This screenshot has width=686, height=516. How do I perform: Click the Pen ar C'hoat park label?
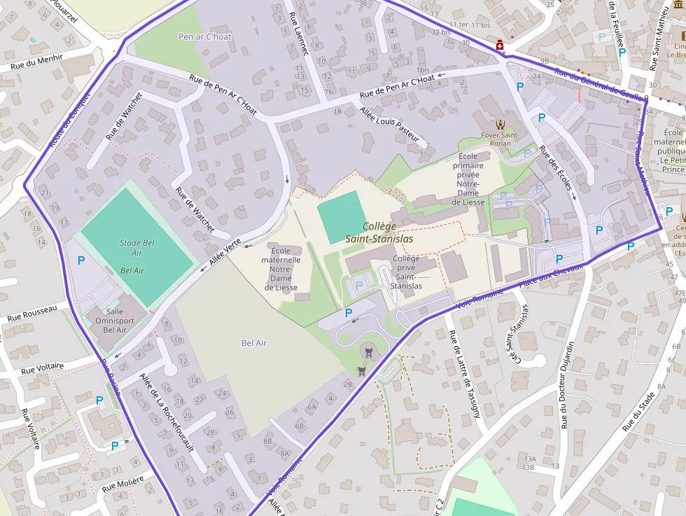coord(205,36)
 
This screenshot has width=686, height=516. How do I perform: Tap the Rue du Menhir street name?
coord(37,62)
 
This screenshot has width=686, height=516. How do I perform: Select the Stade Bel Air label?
coord(136,248)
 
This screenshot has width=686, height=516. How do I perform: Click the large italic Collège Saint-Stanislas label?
coord(379,232)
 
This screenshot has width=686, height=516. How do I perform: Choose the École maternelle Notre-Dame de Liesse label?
coord(281,269)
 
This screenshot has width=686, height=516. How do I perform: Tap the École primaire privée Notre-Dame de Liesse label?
coord(469,179)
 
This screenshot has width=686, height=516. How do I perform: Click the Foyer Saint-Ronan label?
coord(500,139)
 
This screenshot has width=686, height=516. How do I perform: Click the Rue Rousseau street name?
coord(34,313)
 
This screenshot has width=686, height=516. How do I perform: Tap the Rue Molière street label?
coord(122,484)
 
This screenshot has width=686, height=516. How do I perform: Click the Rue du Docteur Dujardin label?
coord(567,384)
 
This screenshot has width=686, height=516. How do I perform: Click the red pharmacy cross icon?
coord(500,46)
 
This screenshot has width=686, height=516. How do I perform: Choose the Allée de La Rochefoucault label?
coord(166,412)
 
